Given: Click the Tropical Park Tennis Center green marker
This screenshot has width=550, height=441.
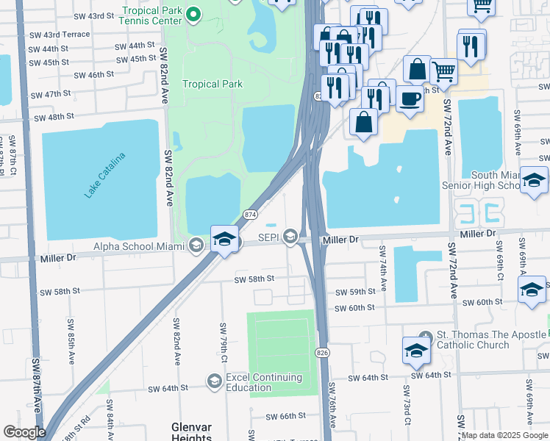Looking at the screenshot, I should pos(194,13).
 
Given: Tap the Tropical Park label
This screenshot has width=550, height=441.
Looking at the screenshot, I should pos(213,84).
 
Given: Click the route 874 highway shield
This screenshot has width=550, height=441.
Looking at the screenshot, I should pos(251,214).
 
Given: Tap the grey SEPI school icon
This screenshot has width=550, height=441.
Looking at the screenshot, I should pos(291,236).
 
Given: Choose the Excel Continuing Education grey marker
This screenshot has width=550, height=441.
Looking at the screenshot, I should pos(214,380).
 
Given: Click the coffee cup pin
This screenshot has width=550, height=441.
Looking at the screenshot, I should pos(410,98).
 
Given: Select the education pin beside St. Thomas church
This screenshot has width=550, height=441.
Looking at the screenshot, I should pos(416,351).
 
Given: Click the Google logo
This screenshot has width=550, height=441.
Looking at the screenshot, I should pos(24,432).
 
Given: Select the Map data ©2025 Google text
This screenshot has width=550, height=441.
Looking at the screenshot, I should pos(504,435).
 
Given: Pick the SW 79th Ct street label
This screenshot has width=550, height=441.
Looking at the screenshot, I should pos(222,336).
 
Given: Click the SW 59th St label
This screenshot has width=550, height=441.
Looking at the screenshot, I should pos(354,292).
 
